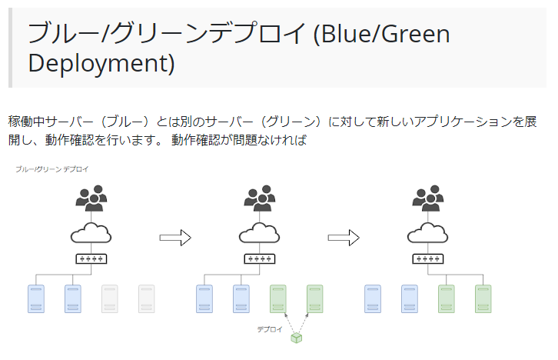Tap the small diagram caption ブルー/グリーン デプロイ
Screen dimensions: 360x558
tap(52, 168)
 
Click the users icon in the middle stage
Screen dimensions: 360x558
tap(260, 198)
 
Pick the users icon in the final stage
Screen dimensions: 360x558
tap(428, 198)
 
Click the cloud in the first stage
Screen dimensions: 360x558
tap(91, 232)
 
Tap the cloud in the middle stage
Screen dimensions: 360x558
tap(260, 232)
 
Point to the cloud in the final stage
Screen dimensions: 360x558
tap(428, 232)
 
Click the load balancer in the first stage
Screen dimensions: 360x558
tap(91, 258)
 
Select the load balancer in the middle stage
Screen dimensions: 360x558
tap(260, 258)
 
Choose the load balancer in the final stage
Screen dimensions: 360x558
tap(428, 258)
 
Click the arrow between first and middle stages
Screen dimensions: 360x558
tap(174, 238)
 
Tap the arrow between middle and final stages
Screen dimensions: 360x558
tap(344, 238)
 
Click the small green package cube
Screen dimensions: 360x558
tap(296, 336)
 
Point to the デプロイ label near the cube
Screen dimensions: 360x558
tap(269, 329)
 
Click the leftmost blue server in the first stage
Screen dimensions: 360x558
tap(35, 298)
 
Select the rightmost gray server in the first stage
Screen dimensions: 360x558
tap(146, 298)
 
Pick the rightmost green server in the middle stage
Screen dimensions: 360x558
tap(315, 298)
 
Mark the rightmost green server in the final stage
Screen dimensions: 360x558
tap(483, 298)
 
